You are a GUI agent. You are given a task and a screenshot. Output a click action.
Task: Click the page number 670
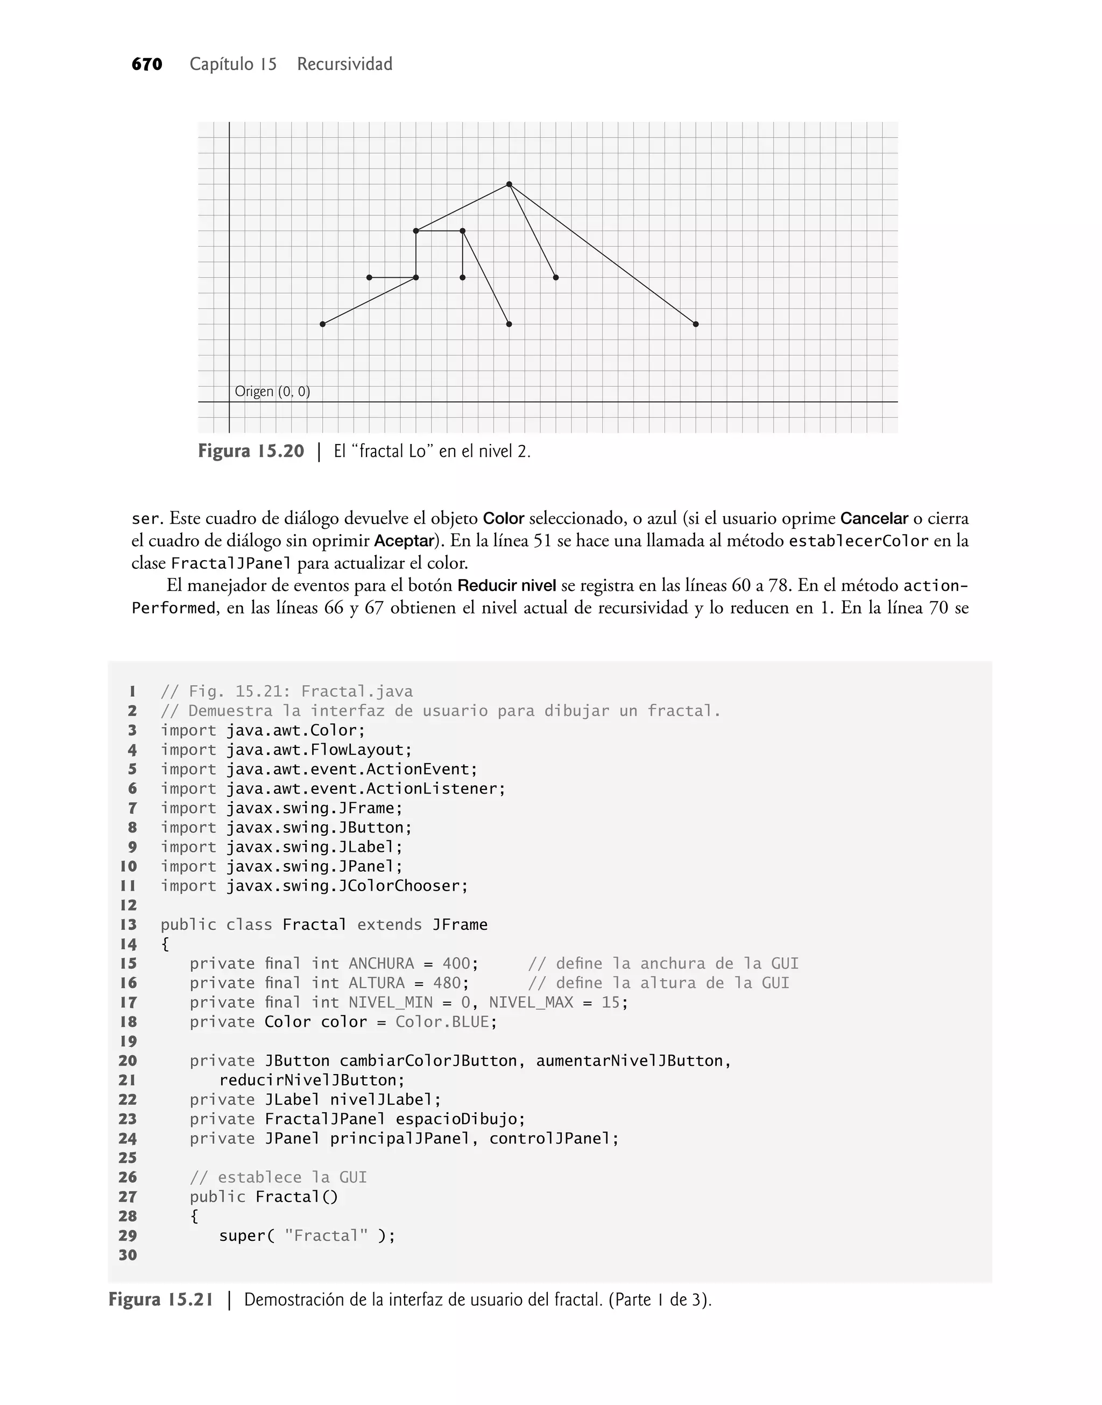tap(146, 65)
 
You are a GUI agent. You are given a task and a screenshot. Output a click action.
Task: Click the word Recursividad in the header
tap(344, 65)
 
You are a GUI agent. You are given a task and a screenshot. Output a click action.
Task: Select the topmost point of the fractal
tap(509, 185)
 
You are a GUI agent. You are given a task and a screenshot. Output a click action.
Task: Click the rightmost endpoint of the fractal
tap(696, 324)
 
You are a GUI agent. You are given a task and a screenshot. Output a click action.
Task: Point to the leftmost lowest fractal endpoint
tap(323, 324)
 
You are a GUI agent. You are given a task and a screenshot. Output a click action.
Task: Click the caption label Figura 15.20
tap(251, 451)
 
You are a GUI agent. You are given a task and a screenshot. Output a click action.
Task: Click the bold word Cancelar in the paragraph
tap(874, 519)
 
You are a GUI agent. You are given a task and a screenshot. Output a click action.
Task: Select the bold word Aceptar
tap(405, 541)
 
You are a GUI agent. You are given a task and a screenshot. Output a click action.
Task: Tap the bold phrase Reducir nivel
tap(506, 586)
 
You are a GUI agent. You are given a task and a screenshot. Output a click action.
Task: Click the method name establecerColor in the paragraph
tap(858, 541)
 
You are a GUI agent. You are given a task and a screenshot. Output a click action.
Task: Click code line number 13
tap(129, 924)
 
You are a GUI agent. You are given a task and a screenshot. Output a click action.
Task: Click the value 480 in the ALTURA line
tap(447, 983)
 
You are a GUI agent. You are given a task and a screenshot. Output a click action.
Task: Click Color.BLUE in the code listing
tap(443, 1022)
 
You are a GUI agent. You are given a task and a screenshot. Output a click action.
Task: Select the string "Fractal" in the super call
tap(326, 1236)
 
